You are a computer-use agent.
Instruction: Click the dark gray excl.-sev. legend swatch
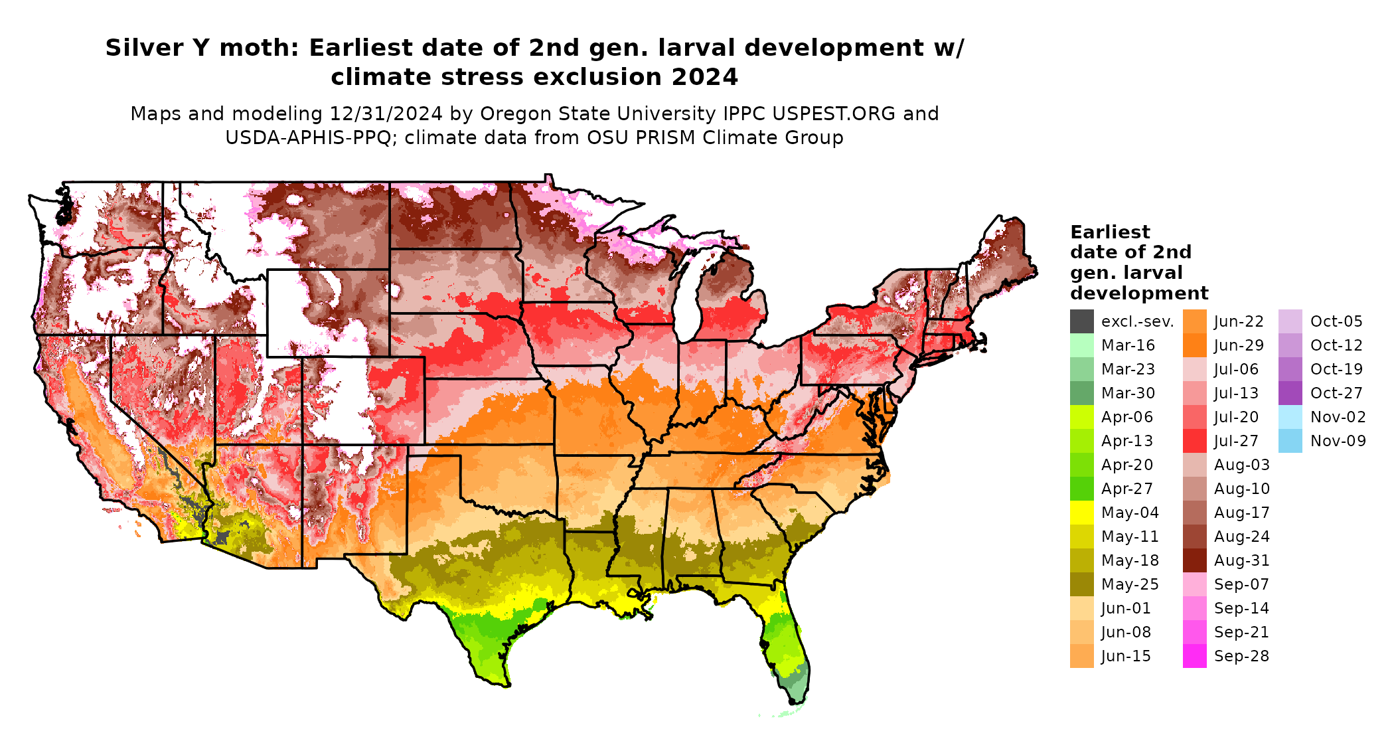[1081, 321]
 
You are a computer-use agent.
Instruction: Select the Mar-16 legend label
[1128, 345]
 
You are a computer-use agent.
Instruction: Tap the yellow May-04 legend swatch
[1081, 513]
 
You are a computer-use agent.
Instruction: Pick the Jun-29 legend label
[1239, 345]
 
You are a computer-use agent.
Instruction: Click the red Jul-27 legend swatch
[1194, 441]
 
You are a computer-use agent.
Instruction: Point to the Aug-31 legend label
[1241, 560]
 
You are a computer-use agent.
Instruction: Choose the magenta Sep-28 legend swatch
[1194, 656]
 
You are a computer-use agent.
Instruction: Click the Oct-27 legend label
[1336, 393]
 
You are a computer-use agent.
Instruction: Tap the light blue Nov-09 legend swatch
[1290, 441]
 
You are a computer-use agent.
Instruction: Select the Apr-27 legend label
[1126, 489]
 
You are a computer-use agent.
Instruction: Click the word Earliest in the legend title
[1110, 232]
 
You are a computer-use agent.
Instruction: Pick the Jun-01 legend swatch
[1081, 608]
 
